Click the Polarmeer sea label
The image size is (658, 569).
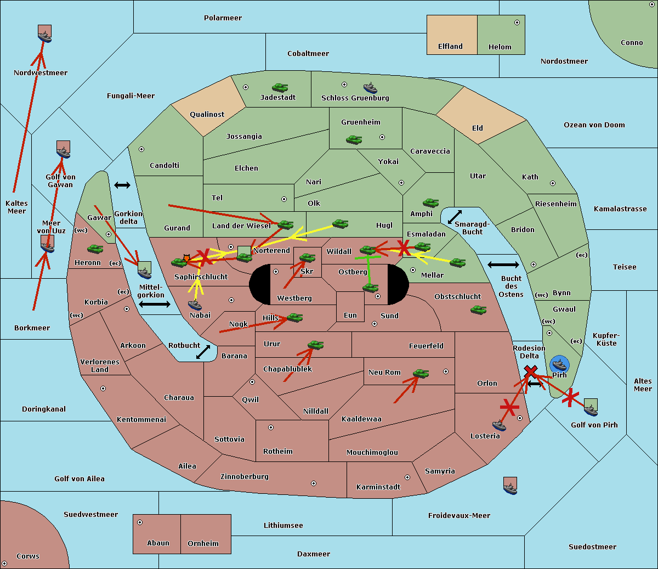[223, 18]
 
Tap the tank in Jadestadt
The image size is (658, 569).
[280, 88]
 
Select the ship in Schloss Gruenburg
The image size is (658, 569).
[371, 88]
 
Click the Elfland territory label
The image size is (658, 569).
[450, 47]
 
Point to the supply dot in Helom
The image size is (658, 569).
[517, 22]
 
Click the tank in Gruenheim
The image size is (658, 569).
[354, 140]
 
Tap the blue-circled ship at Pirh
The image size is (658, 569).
[559, 364]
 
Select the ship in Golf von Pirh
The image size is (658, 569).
[591, 408]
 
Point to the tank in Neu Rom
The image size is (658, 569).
[421, 374]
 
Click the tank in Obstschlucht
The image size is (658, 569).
[478, 310]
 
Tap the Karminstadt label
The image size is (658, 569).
[378, 487]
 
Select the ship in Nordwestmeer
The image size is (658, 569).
[44, 34]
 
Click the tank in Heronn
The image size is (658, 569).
[95, 249]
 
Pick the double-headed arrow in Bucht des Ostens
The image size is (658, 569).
[503, 265]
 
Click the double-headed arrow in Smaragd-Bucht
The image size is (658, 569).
[455, 217]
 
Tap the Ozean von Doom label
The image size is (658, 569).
[594, 125]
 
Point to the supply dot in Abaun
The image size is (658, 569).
[140, 522]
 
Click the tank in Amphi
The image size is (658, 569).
[430, 203]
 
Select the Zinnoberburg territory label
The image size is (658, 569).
[245, 477]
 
